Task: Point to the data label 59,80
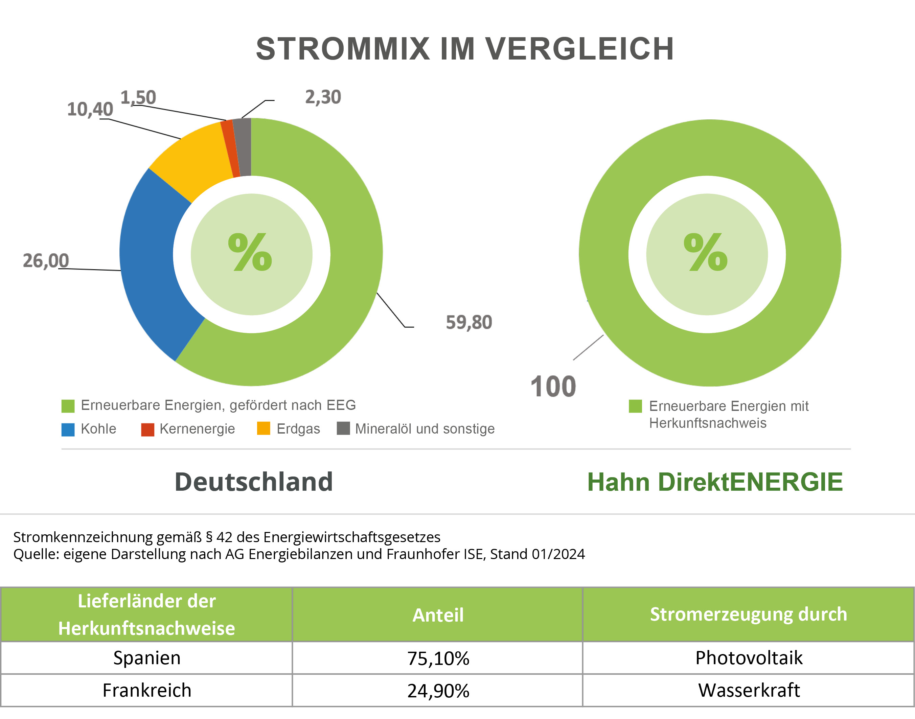click(x=468, y=322)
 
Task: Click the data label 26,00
click(x=45, y=260)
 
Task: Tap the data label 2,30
click(x=323, y=97)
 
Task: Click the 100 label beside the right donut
click(x=553, y=387)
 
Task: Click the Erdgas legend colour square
click(x=264, y=428)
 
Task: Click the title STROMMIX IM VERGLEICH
click(x=465, y=49)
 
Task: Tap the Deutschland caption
click(x=253, y=482)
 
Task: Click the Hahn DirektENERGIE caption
click(x=714, y=482)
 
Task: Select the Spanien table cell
click(x=146, y=657)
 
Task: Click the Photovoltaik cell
click(x=749, y=657)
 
